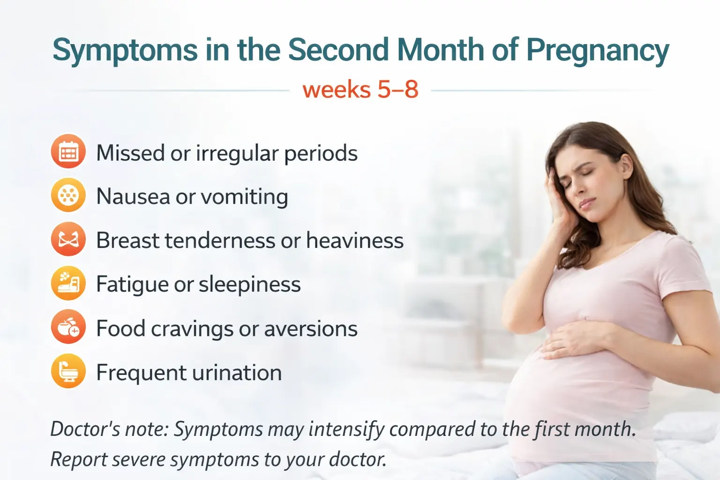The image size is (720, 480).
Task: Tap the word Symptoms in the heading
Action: (125, 51)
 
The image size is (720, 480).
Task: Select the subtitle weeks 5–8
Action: (360, 89)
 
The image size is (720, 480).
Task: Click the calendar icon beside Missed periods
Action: (68, 151)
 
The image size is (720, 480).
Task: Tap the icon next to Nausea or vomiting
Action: (68, 195)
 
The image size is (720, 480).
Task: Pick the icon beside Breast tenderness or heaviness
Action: (68, 239)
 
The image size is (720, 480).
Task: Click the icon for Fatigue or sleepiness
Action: (68, 283)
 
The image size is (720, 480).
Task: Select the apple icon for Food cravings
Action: (68, 327)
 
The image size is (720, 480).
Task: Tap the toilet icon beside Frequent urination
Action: (68, 371)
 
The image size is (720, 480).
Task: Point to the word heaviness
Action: (354, 240)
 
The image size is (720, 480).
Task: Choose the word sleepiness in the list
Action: (249, 285)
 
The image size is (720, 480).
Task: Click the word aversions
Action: (310, 329)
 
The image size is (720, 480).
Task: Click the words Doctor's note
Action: (109, 429)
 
